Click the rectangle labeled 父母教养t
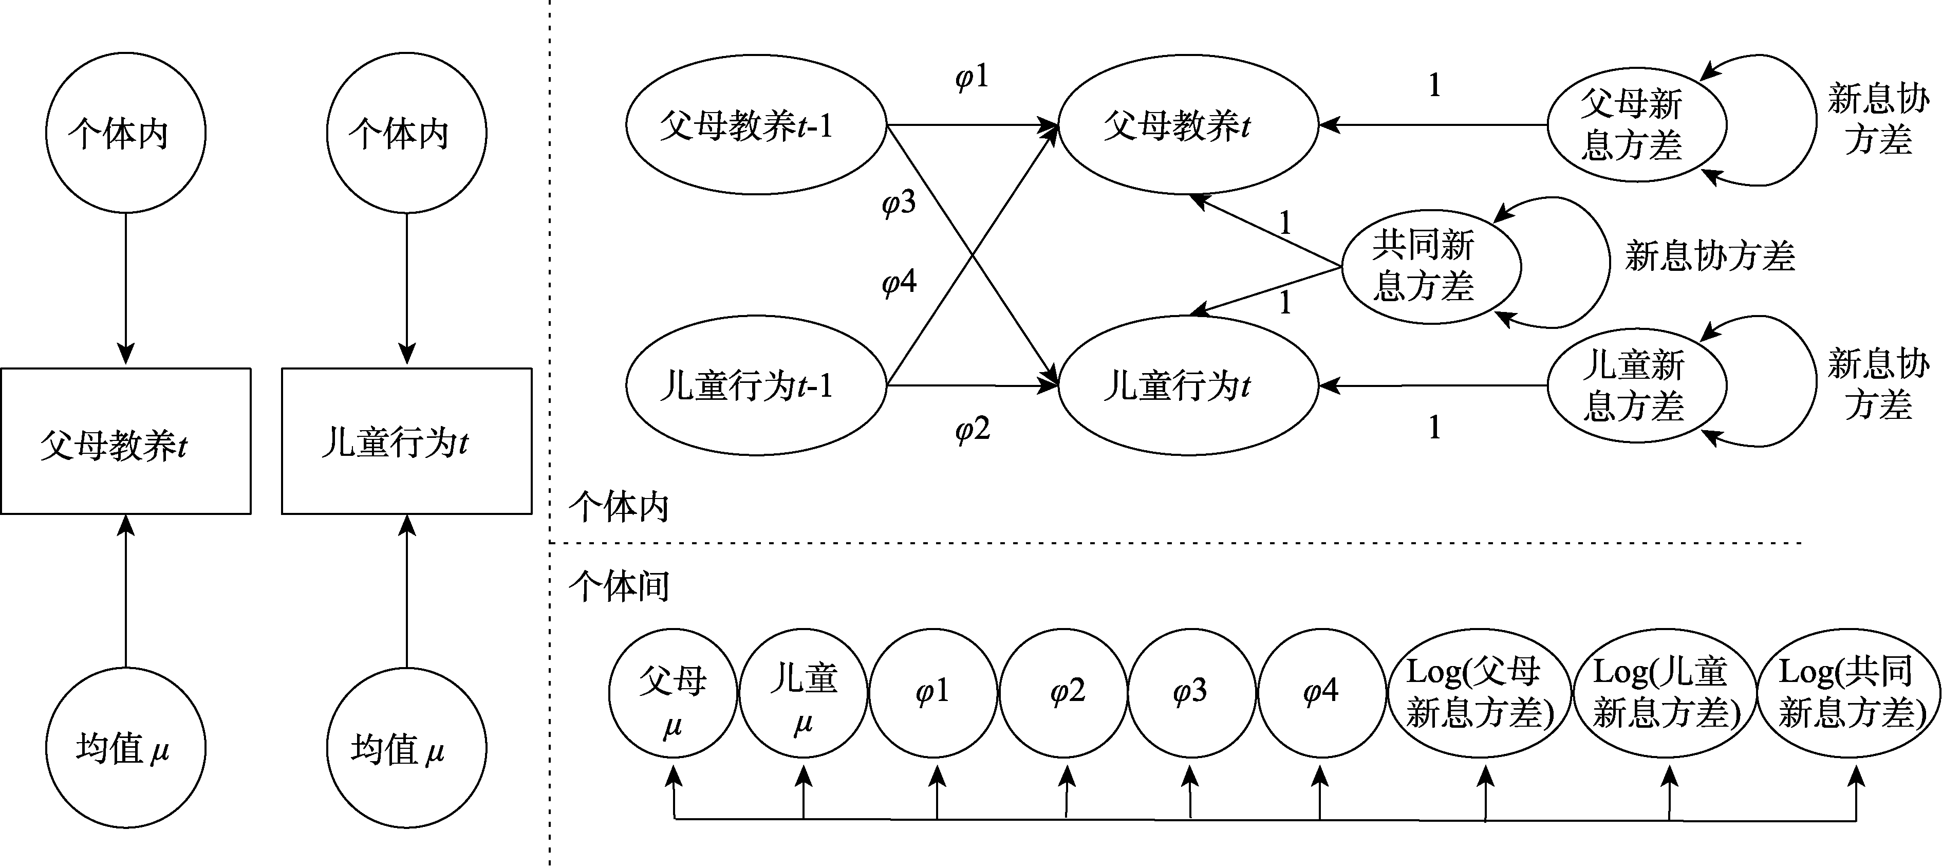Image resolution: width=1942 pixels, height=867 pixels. tap(125, 441)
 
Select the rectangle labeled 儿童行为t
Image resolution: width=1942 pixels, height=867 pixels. tap(406, 441)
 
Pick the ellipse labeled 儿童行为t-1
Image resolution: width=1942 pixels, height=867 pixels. tap(756, 385)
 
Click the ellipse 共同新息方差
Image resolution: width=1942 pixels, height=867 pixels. tap(1430, 266)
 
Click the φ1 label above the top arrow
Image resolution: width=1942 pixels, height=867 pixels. tap(971, 77)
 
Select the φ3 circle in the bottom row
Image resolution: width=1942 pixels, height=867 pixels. tap(1191, 692)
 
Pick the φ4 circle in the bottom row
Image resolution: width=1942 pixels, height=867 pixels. tap(1321, 692)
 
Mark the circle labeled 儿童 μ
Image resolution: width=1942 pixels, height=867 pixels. tap(804, 692)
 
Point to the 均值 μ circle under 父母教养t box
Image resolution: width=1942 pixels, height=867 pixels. tap(125, 748)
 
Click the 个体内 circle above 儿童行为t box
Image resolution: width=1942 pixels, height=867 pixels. tap(406, 134)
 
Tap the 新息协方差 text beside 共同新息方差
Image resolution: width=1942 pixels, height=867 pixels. tap(1709, 256)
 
